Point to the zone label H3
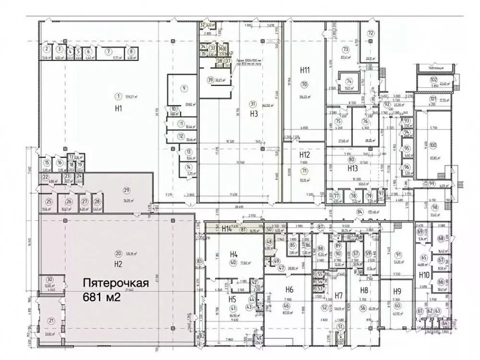point(254,114)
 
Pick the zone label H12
point(304,155)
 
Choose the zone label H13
point(352,168)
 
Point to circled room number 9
point(184,88)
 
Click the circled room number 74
point(349,81)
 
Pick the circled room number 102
point(433,80)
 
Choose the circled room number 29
point(113,189)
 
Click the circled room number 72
point(371,33)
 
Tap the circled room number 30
point(49,280)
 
